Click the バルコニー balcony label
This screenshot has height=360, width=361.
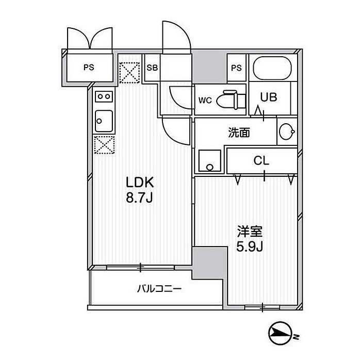[x=158, y=289]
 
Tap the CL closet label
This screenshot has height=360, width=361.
[x=261, y=160]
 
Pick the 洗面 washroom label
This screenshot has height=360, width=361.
[x=239, y=133]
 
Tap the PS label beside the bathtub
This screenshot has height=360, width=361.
[x=236, y=68]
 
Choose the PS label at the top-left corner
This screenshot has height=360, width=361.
[x=89, y=67]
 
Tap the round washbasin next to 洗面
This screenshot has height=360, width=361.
[x=286, y=134]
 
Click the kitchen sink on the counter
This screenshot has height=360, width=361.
[x=103, y=121]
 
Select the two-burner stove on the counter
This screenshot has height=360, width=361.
[x=103, y=96]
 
